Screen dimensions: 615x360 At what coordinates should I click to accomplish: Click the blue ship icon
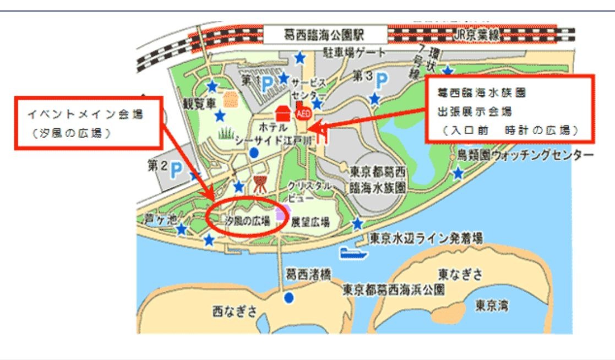point(353,253)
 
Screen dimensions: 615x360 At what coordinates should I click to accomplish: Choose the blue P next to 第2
point(176,170)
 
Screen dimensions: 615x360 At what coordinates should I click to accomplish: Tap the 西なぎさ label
point(235,312)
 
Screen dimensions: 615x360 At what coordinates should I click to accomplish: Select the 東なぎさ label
point(460,273)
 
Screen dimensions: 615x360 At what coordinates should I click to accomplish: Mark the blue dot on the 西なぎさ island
point(289,298)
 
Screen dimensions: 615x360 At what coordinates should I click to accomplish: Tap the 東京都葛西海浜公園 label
point(393,289)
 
